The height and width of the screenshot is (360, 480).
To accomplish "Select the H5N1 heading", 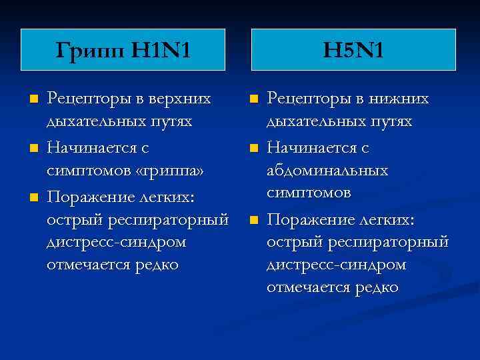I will pyautogui.click(x=353, y=49).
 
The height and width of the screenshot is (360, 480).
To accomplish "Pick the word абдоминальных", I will pyautogui.click(x=327, y=171).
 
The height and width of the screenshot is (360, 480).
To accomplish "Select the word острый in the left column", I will pyautogui.click(x=69, y=219).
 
